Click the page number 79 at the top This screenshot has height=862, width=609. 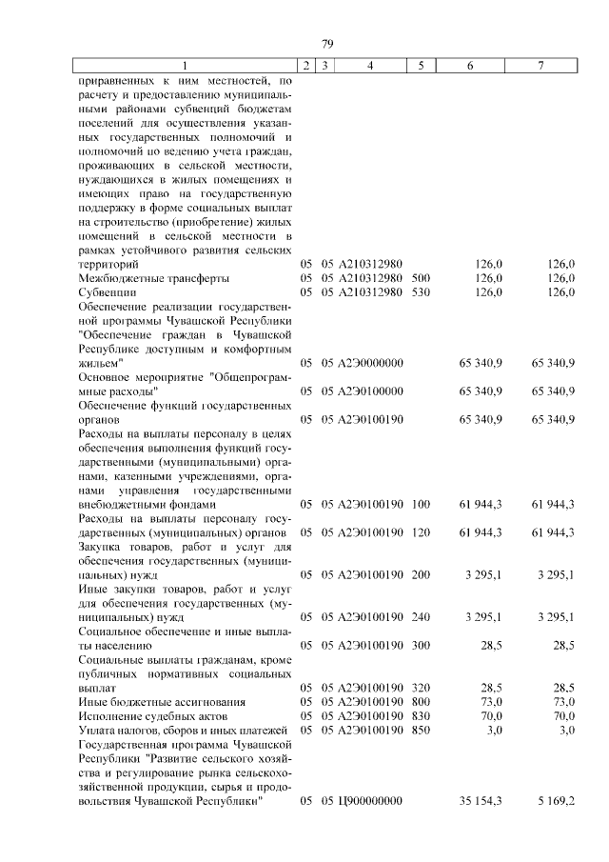327,44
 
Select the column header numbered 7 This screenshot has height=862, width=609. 541,66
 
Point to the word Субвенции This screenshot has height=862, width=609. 107,292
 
